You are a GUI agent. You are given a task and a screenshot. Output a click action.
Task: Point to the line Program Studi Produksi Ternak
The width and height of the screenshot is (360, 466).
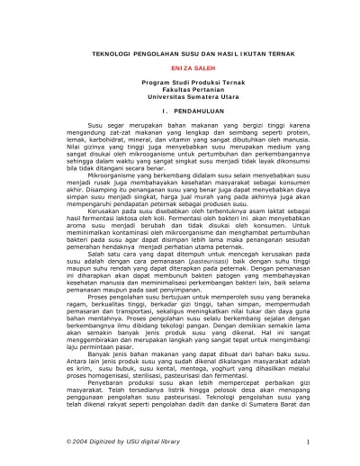(179, 86)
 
